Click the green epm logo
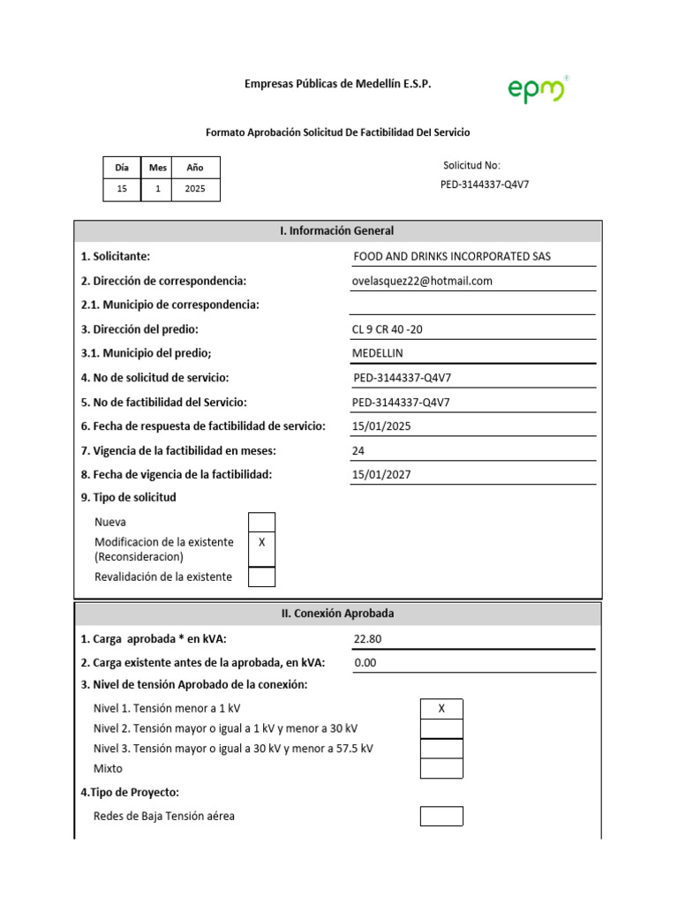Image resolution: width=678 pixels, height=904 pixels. click(x=537, y=89)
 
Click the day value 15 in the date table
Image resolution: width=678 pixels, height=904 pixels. click(x=122, y=189)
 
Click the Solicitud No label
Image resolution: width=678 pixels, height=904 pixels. click(x=471, y=165)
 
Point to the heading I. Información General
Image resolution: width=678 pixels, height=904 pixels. click(x=337, y=230)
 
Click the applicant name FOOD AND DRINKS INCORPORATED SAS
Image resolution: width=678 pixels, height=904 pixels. click(x=451, y=257)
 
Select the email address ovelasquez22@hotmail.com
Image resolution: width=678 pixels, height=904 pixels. click(x=422, y=281)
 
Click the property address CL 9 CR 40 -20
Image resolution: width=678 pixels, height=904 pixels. click(x=393, y=329)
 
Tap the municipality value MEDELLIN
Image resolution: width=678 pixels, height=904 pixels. click(x=377, y=353)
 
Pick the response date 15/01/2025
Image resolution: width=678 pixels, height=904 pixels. click(x=381, y=426)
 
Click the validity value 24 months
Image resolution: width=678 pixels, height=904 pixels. click(x=358, y=450)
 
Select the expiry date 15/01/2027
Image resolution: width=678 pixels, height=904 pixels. click(x=381, y=474)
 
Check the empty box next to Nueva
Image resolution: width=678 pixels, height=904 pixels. click(x=261, y=522)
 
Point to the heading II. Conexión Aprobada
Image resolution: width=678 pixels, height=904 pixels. click(x=337, y=613)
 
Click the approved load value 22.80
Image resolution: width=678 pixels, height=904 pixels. click(x=367, y=638)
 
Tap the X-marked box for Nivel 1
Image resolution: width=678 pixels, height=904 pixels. click(x=441, y=709)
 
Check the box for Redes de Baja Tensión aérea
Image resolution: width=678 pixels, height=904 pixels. click(x=441, y=816)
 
